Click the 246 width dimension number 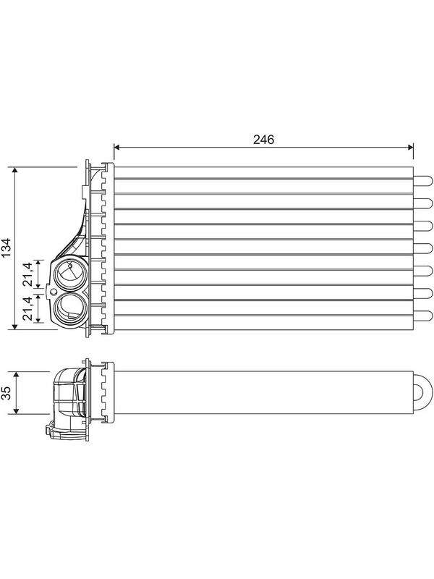(x=263, y=140)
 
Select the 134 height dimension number (x=7, y=248)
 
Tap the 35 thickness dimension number (x=7, y=393)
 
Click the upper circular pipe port (x=70, y=274)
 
